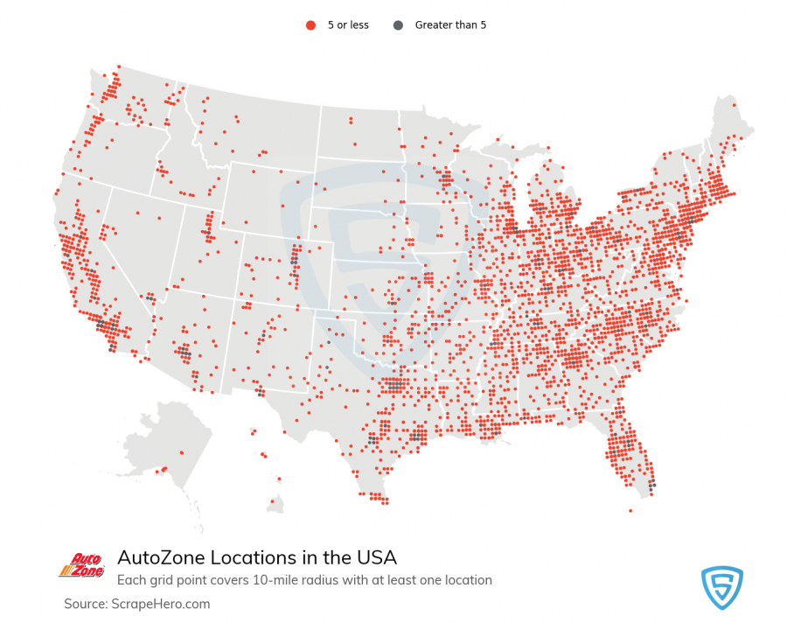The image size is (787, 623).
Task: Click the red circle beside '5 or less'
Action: pos(310,25)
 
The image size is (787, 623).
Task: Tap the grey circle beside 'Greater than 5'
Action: pos(399,25)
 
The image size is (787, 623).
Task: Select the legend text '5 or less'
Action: pos(348,25)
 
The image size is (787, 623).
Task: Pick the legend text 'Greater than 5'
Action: pos(450,25)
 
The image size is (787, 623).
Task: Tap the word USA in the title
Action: pos(378,557)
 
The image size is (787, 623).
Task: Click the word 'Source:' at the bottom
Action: pos(84,604)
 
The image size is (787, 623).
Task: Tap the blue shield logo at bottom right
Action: pos(721,586)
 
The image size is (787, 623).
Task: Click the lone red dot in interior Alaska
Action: pos(182,452)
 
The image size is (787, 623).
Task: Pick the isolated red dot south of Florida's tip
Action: pos(630,510)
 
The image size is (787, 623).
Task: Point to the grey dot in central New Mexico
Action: pos(262,335)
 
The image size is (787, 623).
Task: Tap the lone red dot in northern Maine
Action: pos(734,105)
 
